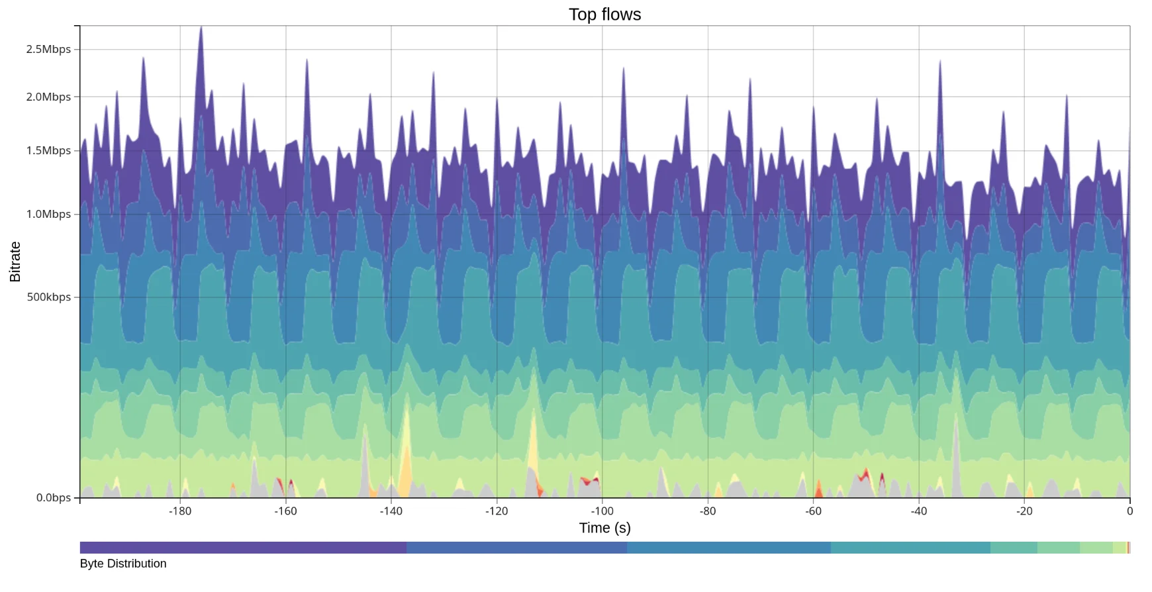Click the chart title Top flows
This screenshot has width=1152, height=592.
pyautogui.click(x=604, y=15)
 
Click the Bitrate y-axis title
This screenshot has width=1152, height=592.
pyautogui.click(x=15, y=262)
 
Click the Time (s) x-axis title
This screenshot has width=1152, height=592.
pyautogui.click(x=604, y=528)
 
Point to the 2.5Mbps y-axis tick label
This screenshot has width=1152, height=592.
pyautogui.click(x=48, y=49)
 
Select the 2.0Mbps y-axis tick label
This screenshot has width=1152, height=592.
pyautogui.click(x=48, y=97)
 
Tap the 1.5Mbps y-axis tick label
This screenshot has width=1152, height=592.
pyautogui.click(x=48, y=150)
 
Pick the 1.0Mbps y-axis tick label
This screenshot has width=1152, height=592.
pyautogui.click(x=48, y=214)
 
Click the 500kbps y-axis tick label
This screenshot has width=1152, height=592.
pyautogui.click(x=49, y=297)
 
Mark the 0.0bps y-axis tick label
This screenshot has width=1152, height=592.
pyautogui.click(x=53, y=497)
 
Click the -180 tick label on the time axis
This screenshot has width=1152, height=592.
pyautogui.click(x=179, y=511)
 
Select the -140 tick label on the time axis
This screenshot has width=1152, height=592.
pyautogui.click(x=391, y=511)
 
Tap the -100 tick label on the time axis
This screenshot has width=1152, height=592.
pyautogui.click(x=602, y=511)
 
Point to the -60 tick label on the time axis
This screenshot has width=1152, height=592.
pyautogui.click(x=813, y=511)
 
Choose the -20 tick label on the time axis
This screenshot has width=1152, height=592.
pyautogui.click(x=1024, y=511)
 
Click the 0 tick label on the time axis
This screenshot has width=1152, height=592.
pyautogui.click(x=1129, y=511)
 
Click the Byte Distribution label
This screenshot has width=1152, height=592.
pyautogui.click(x=123, y=564)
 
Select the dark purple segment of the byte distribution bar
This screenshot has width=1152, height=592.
pyautogui.click(x=243, y=548)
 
